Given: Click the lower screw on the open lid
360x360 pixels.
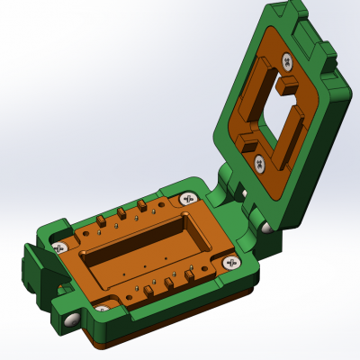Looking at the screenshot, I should point(260,162).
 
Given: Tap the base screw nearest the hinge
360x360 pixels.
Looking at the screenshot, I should point(188,198).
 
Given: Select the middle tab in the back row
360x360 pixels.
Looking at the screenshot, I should point(121,215).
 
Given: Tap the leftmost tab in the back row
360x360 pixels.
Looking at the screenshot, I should point(98,221).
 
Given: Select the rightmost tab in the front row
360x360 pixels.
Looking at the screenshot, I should point(189,274).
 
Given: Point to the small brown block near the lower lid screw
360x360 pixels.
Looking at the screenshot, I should point(245,142).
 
